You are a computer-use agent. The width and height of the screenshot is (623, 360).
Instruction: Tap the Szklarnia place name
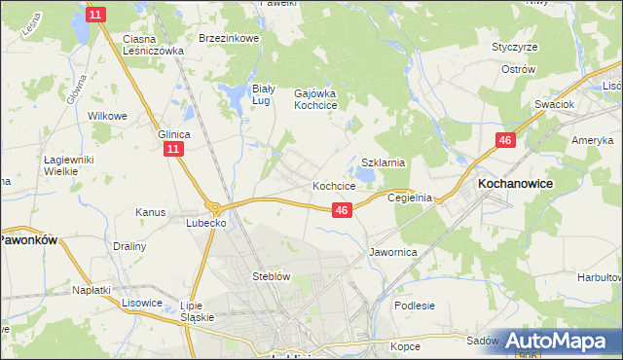(x=383, y=163)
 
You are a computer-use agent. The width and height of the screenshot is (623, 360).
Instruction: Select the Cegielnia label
(x=409, y=198)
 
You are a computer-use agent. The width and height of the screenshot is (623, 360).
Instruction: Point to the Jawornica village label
(x=393, y=252)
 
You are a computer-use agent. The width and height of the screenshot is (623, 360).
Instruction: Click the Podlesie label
(x=415, y=305)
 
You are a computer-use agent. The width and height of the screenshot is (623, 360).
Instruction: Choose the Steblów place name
(x=272, y=276)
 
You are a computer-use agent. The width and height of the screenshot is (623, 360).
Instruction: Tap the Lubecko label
(x=206, y=223)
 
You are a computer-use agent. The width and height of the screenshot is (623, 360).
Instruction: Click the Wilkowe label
(x=108, y=116)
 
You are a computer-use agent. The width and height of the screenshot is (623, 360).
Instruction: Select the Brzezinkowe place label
(x=227, y=38)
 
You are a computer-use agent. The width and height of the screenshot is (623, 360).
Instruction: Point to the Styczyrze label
(x=515, y=47)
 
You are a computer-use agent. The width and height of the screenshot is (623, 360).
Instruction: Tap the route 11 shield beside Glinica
(x=172, y=149)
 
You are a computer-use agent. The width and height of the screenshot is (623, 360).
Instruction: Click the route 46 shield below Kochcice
(x=341, y=209)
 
